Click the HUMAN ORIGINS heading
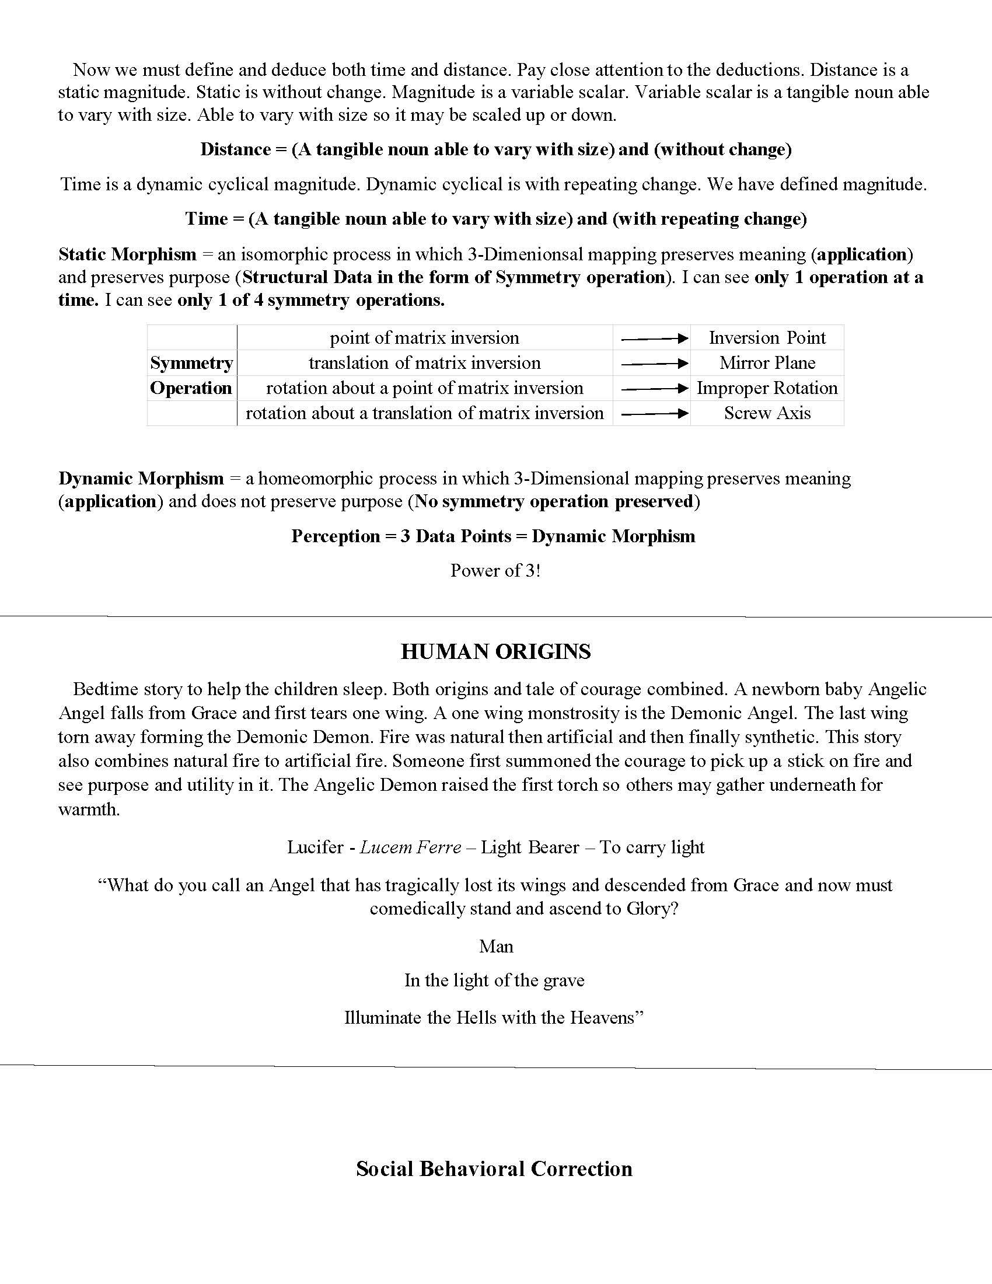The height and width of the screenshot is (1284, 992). point(495,652)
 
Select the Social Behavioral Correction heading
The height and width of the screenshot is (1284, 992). point(494,1168)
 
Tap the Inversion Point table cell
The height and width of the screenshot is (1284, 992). point(767,338)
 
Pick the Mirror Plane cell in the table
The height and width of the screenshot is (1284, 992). point(767,363)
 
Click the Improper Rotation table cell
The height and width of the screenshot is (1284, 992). point(767,388)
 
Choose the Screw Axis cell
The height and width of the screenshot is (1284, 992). point(767,413)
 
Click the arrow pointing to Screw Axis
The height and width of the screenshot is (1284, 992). point(654,414)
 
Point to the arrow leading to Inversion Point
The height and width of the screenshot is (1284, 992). point(654,339)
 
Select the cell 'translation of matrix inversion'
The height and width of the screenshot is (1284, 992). point(424,363)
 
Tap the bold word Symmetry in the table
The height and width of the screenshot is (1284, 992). point(191,364)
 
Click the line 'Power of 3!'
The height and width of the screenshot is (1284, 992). point(495,571)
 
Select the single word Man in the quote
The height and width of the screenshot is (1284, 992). point(496,946)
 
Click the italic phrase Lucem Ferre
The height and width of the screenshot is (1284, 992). point(410,847)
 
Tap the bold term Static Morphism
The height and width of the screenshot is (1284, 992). point(128,254)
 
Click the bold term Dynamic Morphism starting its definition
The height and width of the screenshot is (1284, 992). point(141,479)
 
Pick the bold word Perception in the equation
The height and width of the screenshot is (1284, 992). point(335,536)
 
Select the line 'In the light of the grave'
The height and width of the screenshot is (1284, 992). point(494,980)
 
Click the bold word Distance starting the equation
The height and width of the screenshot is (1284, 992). point(235,149)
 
